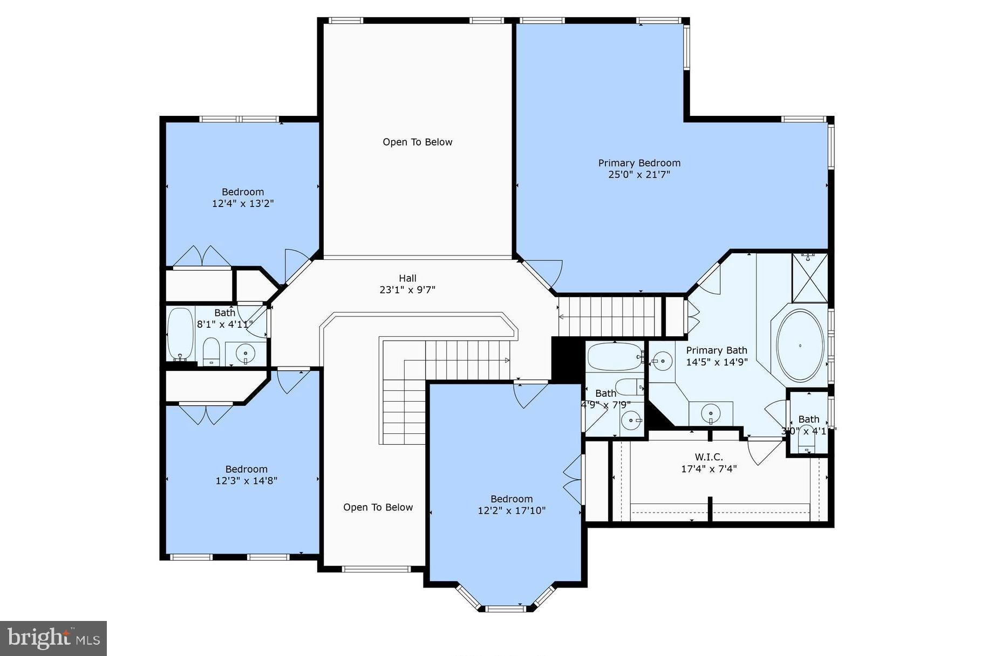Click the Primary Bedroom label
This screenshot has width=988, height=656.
click(639, 163)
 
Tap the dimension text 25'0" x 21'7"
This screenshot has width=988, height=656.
click(639, 175)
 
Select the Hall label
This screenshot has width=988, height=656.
click(407, 278)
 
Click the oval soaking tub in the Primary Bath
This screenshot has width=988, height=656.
click(800, 346)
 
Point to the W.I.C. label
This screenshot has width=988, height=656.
click(708, 457)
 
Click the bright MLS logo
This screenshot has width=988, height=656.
click(53, 638)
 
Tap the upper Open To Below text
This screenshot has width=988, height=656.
click(417, 142)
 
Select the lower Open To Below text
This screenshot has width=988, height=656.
click(378, 507)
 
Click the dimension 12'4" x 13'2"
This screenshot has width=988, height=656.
click(243, 204)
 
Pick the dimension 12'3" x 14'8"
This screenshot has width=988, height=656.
click(246, 481)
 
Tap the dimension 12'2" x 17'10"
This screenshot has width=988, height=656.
click(511, 510)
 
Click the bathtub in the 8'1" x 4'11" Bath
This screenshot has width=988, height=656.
click(180, 334)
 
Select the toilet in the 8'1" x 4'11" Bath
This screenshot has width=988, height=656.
click(211, 351)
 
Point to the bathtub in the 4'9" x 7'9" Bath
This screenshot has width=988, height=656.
click(615, 357)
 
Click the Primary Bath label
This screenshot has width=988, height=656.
click(716, 350)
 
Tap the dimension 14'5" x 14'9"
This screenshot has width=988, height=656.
click(716, 362)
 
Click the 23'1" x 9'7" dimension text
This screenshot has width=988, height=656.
click(407, 290)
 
